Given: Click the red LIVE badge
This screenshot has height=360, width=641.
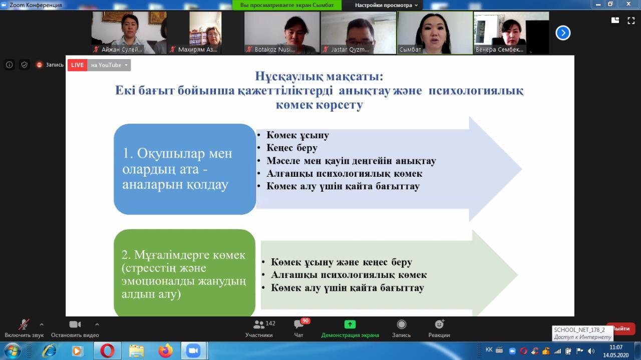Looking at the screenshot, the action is pos(77,65).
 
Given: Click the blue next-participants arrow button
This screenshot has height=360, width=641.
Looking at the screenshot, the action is pos(563,33).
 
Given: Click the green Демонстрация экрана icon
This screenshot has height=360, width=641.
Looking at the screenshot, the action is pos(350,324).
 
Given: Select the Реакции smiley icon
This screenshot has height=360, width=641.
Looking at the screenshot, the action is pos(439,324).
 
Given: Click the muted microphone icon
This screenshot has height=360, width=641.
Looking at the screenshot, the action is pos(24,324).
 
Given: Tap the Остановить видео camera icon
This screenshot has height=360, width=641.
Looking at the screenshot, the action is pos(75,324).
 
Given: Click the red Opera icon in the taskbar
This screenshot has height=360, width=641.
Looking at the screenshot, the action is pos(107,351).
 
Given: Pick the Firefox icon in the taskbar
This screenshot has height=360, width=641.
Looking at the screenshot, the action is pos(166,351).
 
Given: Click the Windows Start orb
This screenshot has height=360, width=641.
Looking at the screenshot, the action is pos(12,351).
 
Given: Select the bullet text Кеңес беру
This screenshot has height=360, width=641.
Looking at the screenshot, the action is pos(292,148).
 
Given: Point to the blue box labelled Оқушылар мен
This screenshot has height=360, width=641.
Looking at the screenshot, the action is pos(185,169).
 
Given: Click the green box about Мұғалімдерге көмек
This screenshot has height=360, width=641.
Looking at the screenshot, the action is pos(185,273).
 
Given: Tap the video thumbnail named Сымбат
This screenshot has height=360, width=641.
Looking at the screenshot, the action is pos(435,33).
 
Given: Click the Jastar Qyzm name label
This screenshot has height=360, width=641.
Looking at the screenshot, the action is pos(350,50).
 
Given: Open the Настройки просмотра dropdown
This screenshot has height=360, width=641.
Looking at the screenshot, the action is pos(386,5).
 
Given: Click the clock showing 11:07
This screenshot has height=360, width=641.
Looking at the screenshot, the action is pos(616,347).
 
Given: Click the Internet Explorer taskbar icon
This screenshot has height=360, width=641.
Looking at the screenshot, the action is pos(49,351).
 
